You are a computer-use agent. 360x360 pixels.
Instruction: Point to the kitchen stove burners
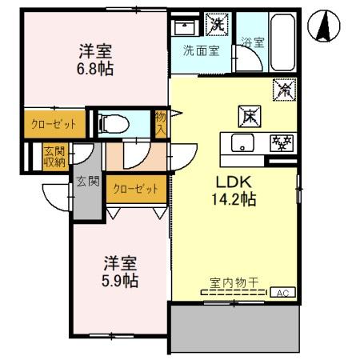coord(280,143)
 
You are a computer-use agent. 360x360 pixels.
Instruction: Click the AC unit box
coord(283,293)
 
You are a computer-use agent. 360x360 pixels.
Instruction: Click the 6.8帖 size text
coord(95,69)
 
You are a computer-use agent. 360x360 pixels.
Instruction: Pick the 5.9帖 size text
coord(119,280)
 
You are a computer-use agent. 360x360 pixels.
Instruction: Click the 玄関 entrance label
coord(88,181)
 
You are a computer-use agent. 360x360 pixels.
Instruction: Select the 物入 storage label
coord(161,123)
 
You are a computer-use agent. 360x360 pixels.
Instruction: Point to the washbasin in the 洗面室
coord(186,26)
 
